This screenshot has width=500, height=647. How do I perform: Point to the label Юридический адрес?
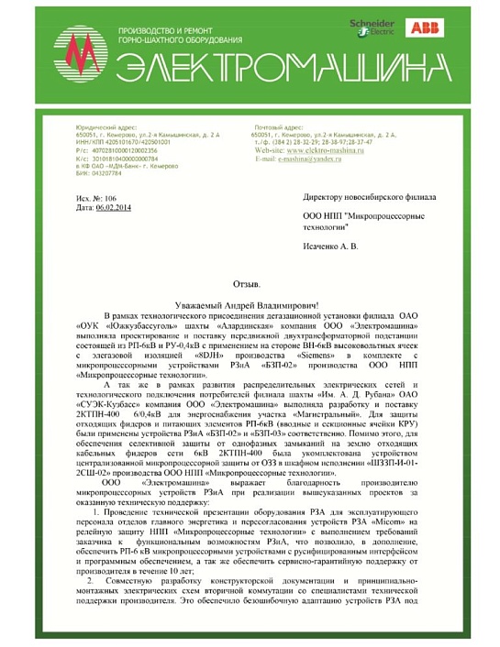click(x=82, y=127)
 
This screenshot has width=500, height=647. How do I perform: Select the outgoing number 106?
click(x=110, y=199)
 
